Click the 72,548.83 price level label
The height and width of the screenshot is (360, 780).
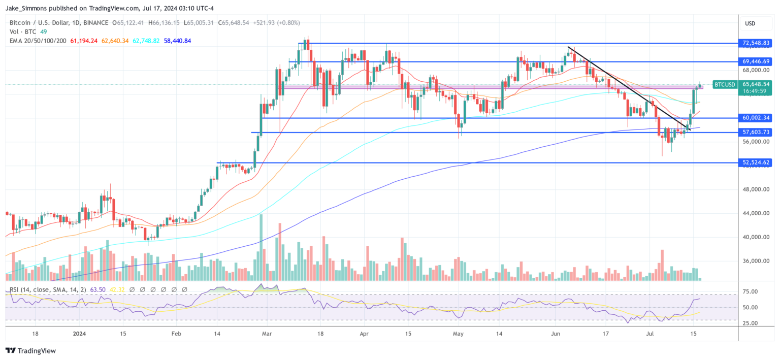pyautogui.click(x=757, y=43)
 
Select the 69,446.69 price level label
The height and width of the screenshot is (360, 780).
pyautogui.click(x=757, y=61)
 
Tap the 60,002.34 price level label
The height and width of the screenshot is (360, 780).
pyautogui.click(x=757, y=118)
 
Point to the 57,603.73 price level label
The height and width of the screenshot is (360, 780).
pyautogui.click(x=757, y=132)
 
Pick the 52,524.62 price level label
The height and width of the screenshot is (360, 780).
pyautogui.click(x=757, y=162)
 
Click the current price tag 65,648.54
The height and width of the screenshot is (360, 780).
pyautogui.click(x=757, y=84)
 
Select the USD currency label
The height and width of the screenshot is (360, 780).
pyautogui.click(x=750, y=23)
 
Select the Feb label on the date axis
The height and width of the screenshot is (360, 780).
pyautogui.click(x=176, y=334)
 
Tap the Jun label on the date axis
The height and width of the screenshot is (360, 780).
pyautogui.click(x=556, y=334)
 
